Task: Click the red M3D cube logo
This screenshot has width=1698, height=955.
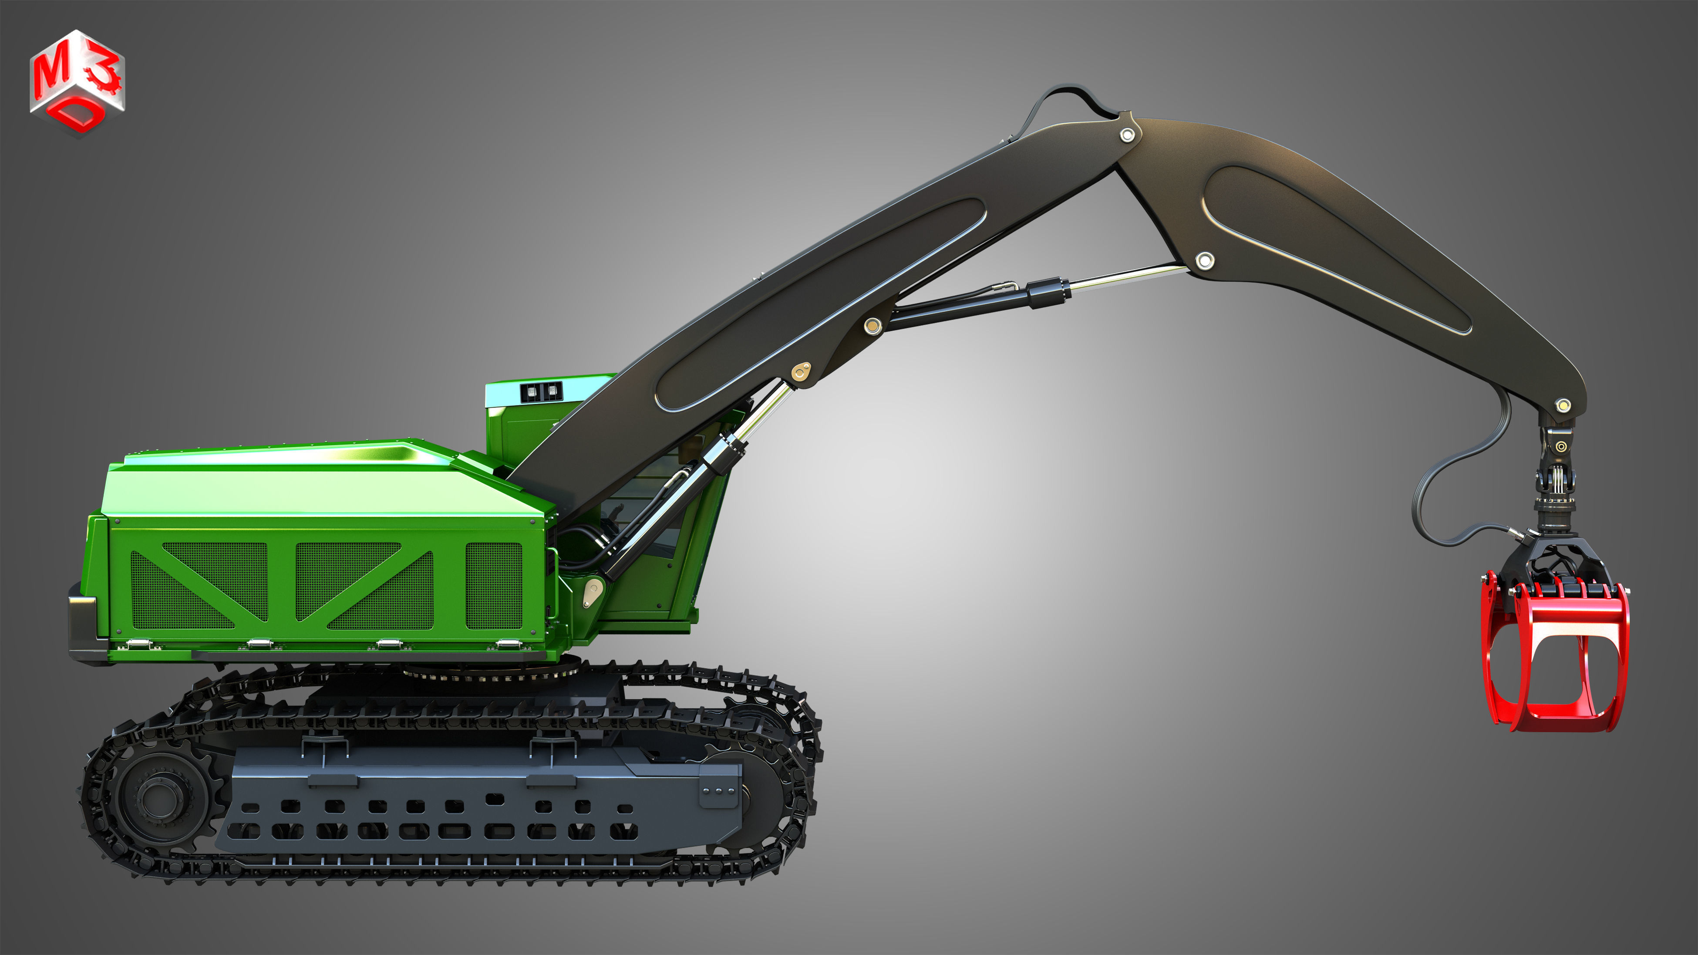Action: click(x=77, y=82)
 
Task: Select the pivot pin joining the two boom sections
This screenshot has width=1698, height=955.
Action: click(x=1127, y=135)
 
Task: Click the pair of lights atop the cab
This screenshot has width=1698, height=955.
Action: click(x=540, y=393)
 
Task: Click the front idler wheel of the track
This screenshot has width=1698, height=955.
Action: click(x=758, y=778)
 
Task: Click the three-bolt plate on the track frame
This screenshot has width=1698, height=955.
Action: click(x=718, y=789)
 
